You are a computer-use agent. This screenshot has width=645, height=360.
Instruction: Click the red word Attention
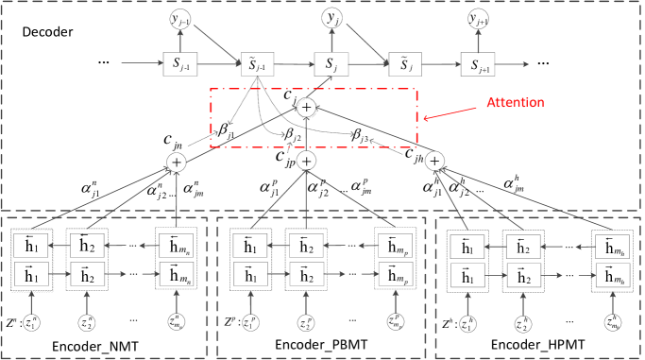[515, 102]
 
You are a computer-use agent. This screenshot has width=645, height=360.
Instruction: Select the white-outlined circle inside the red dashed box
[307, 108]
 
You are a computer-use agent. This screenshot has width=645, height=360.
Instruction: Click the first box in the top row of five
[180, 64]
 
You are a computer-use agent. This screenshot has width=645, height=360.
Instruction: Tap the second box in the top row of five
[257, 64]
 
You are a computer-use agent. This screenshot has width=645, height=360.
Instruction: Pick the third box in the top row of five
[331, 64]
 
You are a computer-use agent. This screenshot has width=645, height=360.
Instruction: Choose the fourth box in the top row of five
[405, 64]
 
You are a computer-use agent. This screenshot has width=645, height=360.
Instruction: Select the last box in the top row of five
[478, 64]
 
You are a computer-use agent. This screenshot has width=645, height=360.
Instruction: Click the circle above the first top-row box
[180, 19]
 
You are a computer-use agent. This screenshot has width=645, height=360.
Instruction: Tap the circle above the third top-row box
[331, 19]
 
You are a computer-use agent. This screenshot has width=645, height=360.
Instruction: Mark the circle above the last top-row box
[478, 19]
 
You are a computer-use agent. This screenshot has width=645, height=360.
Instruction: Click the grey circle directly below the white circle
[306, 162]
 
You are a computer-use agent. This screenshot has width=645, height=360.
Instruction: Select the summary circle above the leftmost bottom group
[177, 162]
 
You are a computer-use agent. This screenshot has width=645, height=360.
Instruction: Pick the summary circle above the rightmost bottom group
[434, 162]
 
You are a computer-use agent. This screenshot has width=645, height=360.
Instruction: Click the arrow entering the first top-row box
[143, 64]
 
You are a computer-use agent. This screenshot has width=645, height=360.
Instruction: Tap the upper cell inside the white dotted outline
[32, 246]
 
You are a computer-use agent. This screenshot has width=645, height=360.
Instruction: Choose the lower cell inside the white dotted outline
[32, 275]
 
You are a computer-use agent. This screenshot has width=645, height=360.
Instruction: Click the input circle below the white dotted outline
[32, 323]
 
